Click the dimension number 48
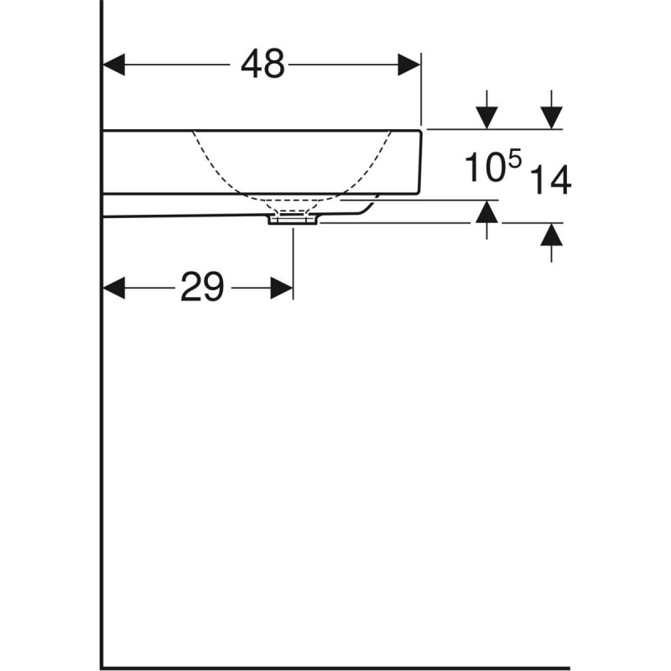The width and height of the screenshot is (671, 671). point(263,65)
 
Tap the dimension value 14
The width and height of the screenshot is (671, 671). point(550,180)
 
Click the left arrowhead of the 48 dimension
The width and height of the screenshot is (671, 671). point(113,65)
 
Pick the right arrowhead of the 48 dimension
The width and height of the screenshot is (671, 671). point(408,65)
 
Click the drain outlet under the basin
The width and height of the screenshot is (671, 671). point(293,219)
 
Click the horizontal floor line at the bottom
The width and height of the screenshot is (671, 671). point(335,668)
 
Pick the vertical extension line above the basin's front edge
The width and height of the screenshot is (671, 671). point(421,92)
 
